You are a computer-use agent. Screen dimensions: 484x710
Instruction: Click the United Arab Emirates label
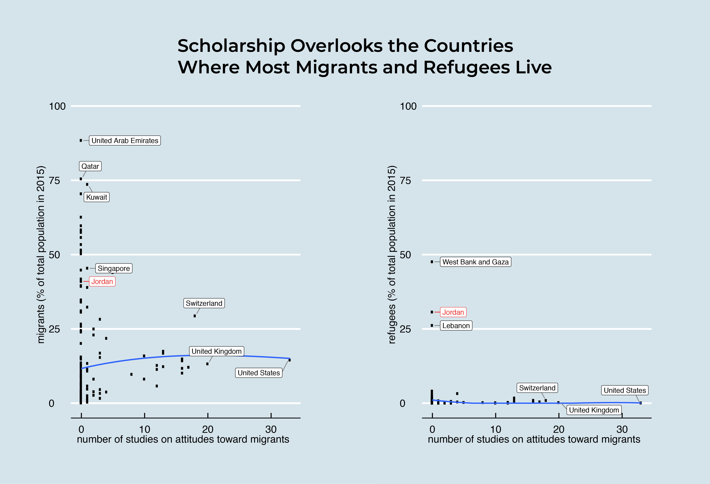click(125, 141)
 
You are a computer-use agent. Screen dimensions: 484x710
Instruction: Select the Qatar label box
click(90, 166)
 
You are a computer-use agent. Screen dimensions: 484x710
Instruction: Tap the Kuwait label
click(97, 197)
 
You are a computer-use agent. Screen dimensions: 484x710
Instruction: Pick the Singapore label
click(114, 268)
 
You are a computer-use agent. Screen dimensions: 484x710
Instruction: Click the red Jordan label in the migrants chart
click(102, 281)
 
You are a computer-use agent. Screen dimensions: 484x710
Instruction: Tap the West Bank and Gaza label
click(475, 262)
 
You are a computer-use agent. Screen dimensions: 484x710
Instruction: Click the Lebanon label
click(456, 325)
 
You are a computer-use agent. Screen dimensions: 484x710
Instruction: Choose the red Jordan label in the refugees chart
click(453, 312)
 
